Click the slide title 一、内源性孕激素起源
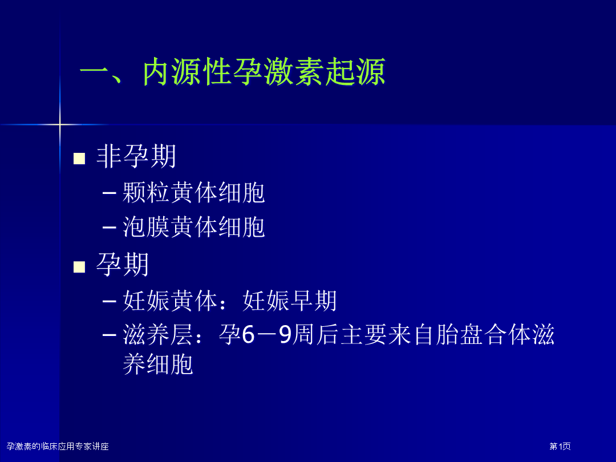pyautogui.click(x=233, y=72)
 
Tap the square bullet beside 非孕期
pyautogui.click(x=79, y=158)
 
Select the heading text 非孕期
pyautogui.click(x=136, y=156)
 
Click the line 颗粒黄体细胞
pyautogui.click(x=194, y=193)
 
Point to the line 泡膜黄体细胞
pyautogui.click(x=194, y=226)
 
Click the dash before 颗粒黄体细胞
pyautogui.click(x=109, y=193)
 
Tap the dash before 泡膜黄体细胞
pyautogui.click(x=109, y=227)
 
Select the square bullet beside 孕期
pyautogui.click(x=79, y=267)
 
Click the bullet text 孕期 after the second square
pyautogui.click(x=123, y=265)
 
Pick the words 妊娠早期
pyautogui.click(x=290, y=301)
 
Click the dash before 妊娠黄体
pyautogui.click(x=109, y=301)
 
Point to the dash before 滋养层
pyautogui.click(x=109, y=335)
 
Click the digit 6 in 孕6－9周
pyautogui.click(x=248, y=335)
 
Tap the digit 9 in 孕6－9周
pyautogui.click(x=285, y=335)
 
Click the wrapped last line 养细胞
pyautogui.click(x=158, y=364)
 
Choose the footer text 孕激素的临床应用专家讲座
pyautogui.click(x=58, y=446)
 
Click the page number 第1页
pyautogui.click(x=560, y=446)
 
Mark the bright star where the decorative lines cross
pyautogui.click(x=60, y=124)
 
